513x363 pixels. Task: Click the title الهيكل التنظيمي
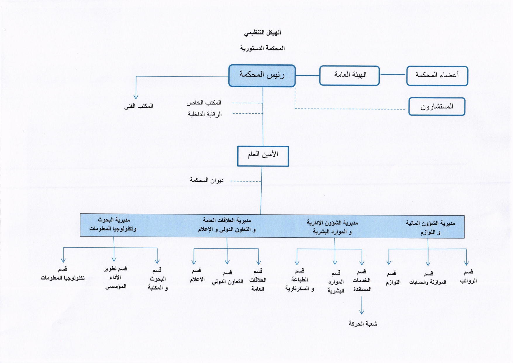(262, 33)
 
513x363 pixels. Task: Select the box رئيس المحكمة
(262, 76)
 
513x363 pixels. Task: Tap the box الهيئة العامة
(349, 76)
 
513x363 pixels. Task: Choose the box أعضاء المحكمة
(437, 76)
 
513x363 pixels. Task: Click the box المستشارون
(437, 107)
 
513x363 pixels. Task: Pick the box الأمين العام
(263, 156)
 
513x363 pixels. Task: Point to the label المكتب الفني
(139, 106)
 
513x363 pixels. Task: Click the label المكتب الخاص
(204, 103)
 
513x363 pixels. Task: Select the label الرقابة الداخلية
(205, 114)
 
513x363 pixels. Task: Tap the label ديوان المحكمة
(207, 180)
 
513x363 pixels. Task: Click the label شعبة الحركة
(363, 324)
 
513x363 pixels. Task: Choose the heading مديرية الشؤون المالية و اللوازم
(430, 228)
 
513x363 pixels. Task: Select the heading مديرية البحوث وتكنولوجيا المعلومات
(113, 224)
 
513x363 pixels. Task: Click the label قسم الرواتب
(468, 277)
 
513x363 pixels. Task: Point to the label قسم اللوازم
(393, 278)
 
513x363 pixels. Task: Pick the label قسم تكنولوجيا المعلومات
(63, 273)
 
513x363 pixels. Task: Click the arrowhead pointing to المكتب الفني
(136, 97)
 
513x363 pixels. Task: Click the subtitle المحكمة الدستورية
(262, 48)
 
